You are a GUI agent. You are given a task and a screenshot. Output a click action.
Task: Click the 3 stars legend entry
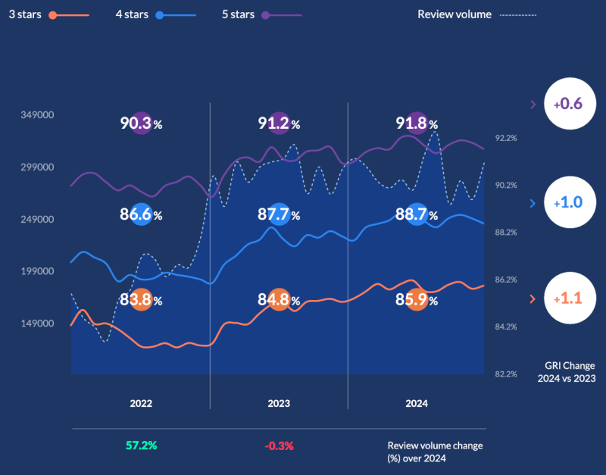coord(26,14)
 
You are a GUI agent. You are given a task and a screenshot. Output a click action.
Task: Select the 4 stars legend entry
coord(133,14)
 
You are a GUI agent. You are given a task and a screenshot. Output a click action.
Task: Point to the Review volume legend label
coord(454,14)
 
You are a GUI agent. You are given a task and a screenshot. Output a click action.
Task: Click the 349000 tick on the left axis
coord(37,115)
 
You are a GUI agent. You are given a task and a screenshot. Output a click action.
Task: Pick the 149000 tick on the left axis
coord(37,323)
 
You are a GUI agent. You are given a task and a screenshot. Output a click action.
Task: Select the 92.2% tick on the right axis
coord(506,138)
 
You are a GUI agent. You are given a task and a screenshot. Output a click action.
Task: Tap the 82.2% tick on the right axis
coord(506,373)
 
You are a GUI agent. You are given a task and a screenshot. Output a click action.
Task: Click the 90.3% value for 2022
coord(142,123)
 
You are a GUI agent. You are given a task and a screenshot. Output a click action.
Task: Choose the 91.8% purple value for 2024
coord(417,123)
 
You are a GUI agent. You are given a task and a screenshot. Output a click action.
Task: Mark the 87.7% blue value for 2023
coord(279,214)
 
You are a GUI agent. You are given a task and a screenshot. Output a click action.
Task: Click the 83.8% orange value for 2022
coord(142,300)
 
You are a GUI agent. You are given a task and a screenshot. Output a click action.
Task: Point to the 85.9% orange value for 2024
coord(417,300)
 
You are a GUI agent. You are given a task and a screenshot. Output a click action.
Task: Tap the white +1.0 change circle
coord(567,203)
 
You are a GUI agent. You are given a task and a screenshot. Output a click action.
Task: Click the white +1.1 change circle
coord(567,299)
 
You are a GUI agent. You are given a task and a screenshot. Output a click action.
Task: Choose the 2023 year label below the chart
coord(279,404)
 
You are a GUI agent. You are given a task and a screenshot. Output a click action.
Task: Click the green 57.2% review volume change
coord(141,445)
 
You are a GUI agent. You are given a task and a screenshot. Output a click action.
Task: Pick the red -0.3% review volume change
coord(279,445)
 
